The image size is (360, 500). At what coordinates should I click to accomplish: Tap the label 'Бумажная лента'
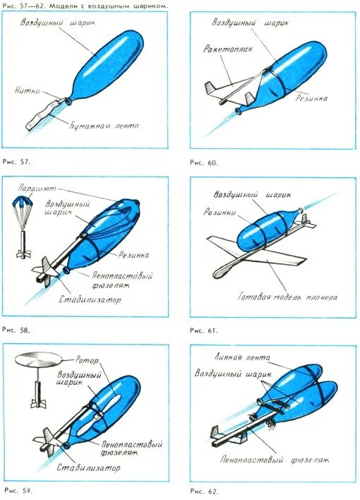point(104,125)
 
